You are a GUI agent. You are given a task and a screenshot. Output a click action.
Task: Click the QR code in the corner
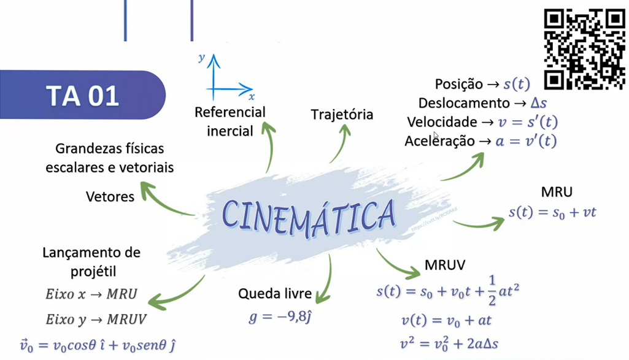point(585,49)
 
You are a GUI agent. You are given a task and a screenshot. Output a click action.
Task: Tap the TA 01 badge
point(82,96)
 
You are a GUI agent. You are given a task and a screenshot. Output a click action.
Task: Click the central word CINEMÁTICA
point(309,214)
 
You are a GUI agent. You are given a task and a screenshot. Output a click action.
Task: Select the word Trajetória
point(342,115)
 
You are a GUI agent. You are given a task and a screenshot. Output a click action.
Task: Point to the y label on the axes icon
point(201,58)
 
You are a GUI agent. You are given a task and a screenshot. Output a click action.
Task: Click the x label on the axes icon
point(252,97)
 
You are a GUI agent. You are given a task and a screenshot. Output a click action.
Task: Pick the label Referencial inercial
point(230,121)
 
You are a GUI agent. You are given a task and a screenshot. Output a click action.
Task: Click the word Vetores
point(110,196)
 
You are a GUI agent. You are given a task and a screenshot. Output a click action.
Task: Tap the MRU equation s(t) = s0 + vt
point(552,213)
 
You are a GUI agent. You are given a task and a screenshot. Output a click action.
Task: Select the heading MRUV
point(445,266)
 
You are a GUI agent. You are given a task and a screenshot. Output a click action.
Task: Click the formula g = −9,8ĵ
point(280,317)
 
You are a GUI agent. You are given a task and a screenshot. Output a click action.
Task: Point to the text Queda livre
point(275,294)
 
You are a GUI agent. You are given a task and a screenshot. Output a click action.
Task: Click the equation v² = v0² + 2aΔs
point(448,342)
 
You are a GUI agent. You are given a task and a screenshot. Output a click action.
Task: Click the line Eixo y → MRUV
point(96,319)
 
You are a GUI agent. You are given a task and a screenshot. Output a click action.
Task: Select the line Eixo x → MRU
point(91,293)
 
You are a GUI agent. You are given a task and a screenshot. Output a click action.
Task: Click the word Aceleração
point(439,140)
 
